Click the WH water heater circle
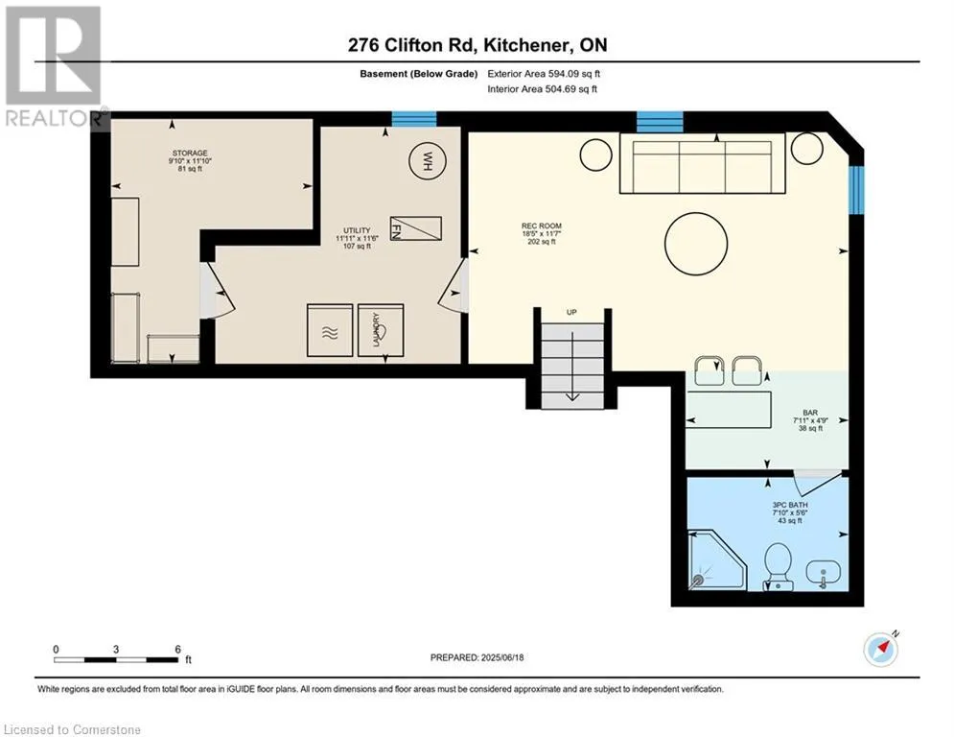tap(427, 161)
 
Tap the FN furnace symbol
tap(415, 228)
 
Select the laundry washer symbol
tap(381, 329)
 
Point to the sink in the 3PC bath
tap(824, 573)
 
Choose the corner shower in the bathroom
tap(717, 559)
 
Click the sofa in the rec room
tap(703, 163)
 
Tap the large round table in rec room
tap(696, 244)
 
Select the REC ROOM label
tap(542, 226)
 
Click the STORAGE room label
tap(190, 153)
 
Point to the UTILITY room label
tap(357, 230)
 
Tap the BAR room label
tap(810, 413)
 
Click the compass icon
tap(880, 650)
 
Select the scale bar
tap(116, 659)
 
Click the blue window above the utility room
tap(414, 119)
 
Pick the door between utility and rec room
tap(454, 285)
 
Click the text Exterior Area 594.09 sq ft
tap(544, 74)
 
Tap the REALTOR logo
tap(55, 67)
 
